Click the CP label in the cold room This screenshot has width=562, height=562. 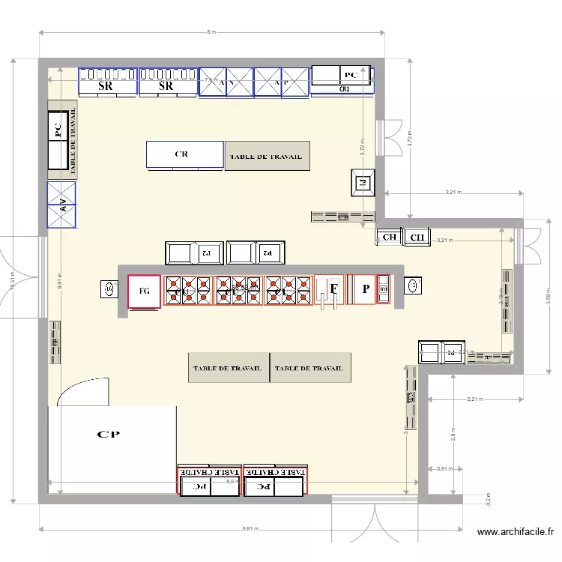[109, 434]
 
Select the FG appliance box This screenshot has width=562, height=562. [144, 291]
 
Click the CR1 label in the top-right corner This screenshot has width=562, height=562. [345, 89]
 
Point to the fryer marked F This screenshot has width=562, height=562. [334, 290]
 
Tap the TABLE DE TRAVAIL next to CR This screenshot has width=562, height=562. [267, 156]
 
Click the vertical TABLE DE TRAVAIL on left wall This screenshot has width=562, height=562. [73, 139]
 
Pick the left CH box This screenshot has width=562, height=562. [389, 238]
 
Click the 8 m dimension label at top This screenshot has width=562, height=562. [211, 32]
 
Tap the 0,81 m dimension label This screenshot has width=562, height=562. [444, 470]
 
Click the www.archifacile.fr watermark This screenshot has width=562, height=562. [515, 533]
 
